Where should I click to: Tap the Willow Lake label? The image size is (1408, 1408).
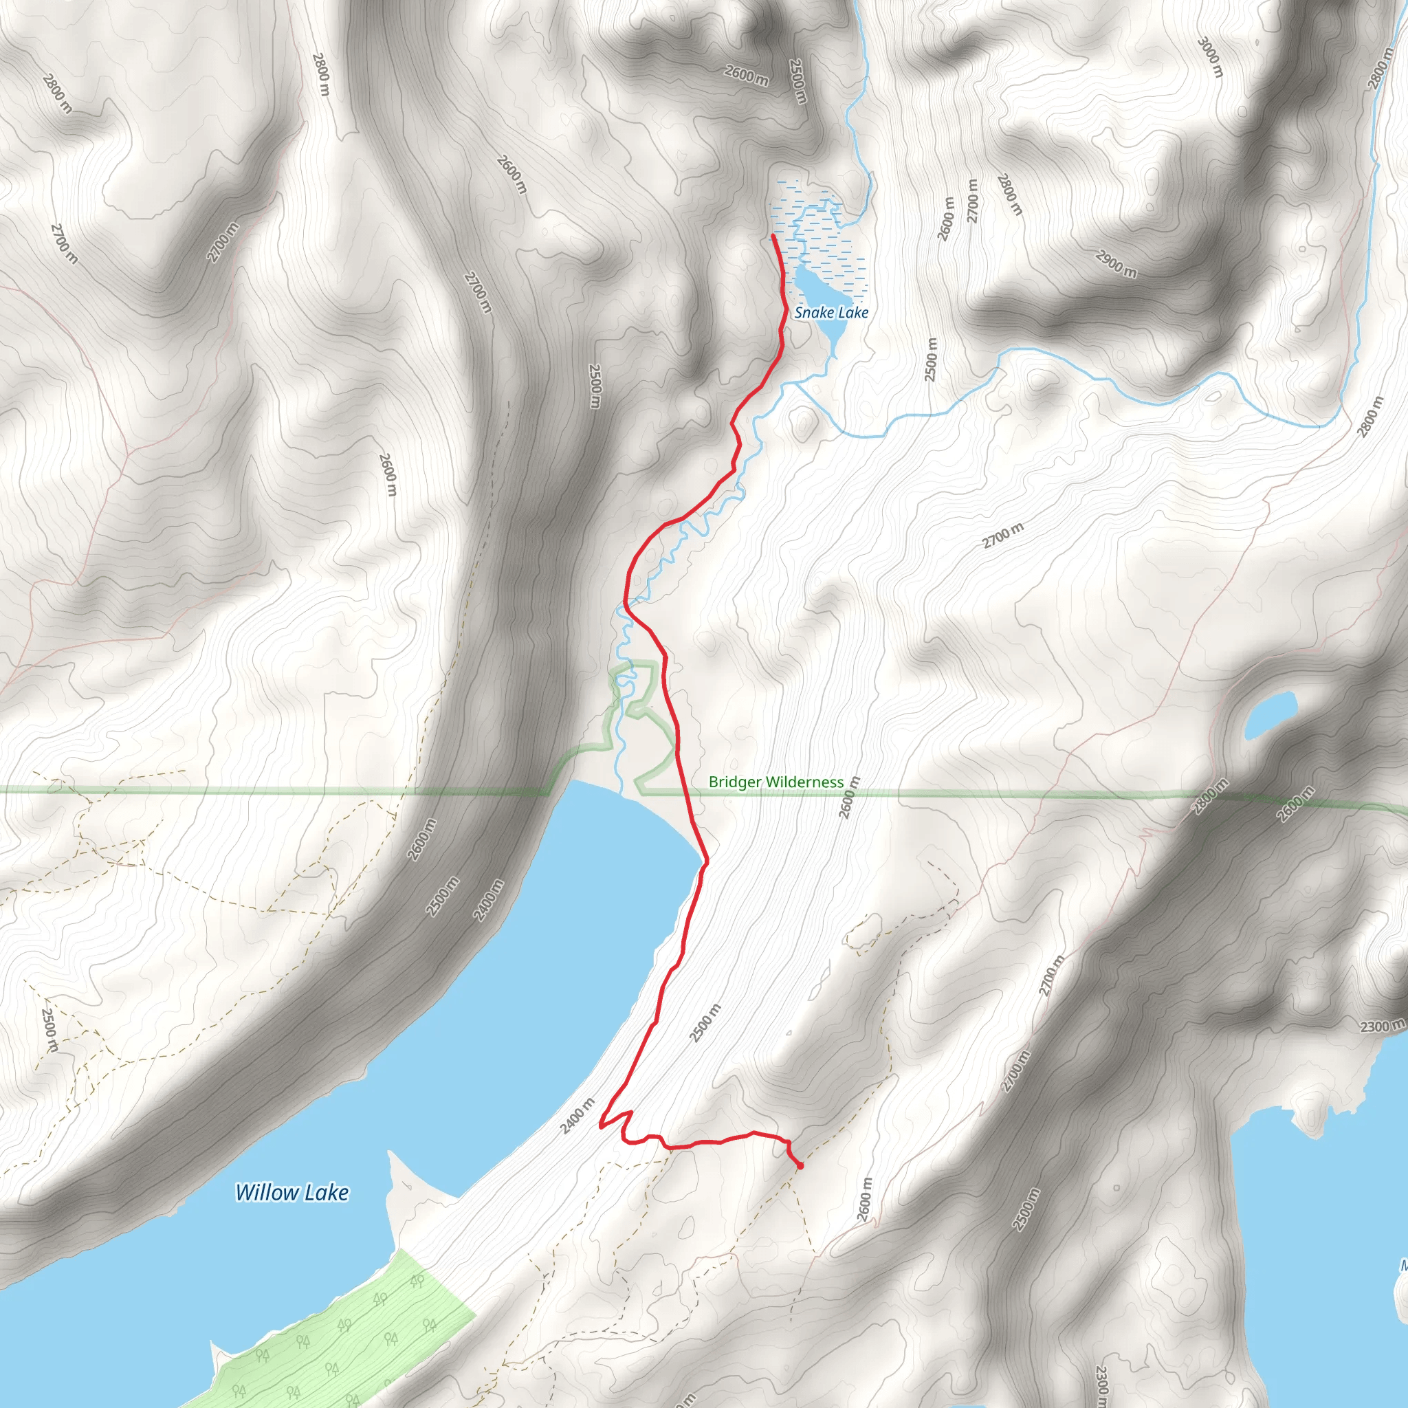291,1192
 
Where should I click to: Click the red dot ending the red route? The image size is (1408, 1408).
800,1166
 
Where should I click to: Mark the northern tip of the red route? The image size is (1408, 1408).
773,235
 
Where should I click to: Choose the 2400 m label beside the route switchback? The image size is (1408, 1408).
578,1116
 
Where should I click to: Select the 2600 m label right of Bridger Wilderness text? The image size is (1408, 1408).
850,797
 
